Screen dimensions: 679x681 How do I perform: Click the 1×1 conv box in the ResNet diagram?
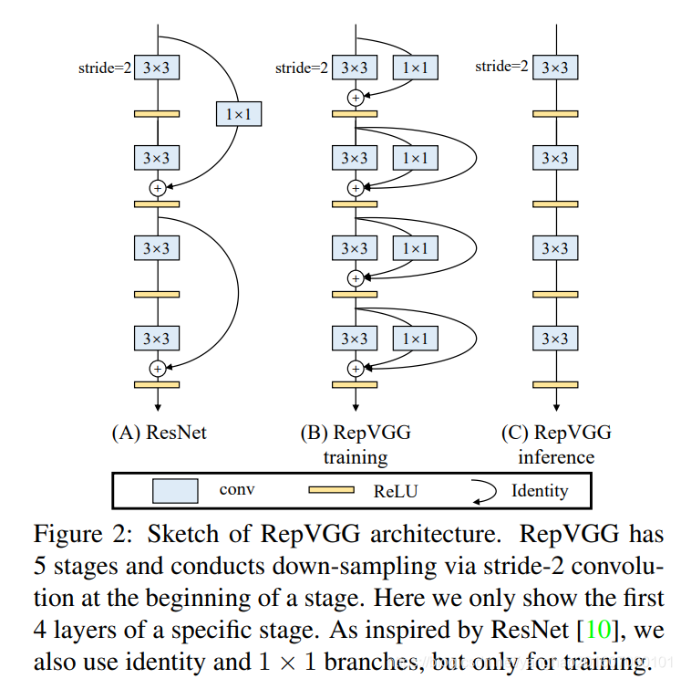click(237, 113)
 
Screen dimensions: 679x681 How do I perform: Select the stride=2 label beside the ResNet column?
click(104, 67)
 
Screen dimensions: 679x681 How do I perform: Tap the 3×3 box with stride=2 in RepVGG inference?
click(554, 67)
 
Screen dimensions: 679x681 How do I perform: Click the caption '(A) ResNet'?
click(159, 433)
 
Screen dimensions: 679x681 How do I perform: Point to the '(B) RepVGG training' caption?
click(356, 444)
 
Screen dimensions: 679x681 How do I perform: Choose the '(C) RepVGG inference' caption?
click(555, 444)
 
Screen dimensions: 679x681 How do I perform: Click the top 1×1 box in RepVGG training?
click(416, 67)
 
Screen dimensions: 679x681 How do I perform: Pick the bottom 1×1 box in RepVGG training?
click(416, 339)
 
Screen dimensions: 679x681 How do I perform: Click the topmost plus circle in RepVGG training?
click(356, 98)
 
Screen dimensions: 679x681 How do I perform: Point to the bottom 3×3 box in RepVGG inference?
click(554, 339)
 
